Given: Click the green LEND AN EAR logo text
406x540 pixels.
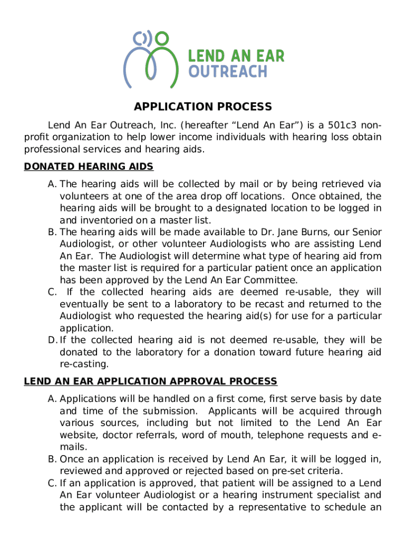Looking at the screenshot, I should tap(236, 56).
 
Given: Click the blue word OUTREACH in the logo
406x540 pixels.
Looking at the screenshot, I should tap(228, 71).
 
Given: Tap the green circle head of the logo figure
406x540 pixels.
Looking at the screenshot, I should tap(162, 38).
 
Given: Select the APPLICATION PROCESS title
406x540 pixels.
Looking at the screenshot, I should tap(203, 107).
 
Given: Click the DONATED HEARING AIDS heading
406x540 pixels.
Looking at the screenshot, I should tap(89, 167).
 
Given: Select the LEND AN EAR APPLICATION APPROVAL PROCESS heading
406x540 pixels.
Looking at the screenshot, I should tap(150, 381).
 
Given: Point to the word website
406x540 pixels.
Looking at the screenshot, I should tap(78, 435).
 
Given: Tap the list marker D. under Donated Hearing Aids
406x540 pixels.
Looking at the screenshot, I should tap(52, 340).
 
